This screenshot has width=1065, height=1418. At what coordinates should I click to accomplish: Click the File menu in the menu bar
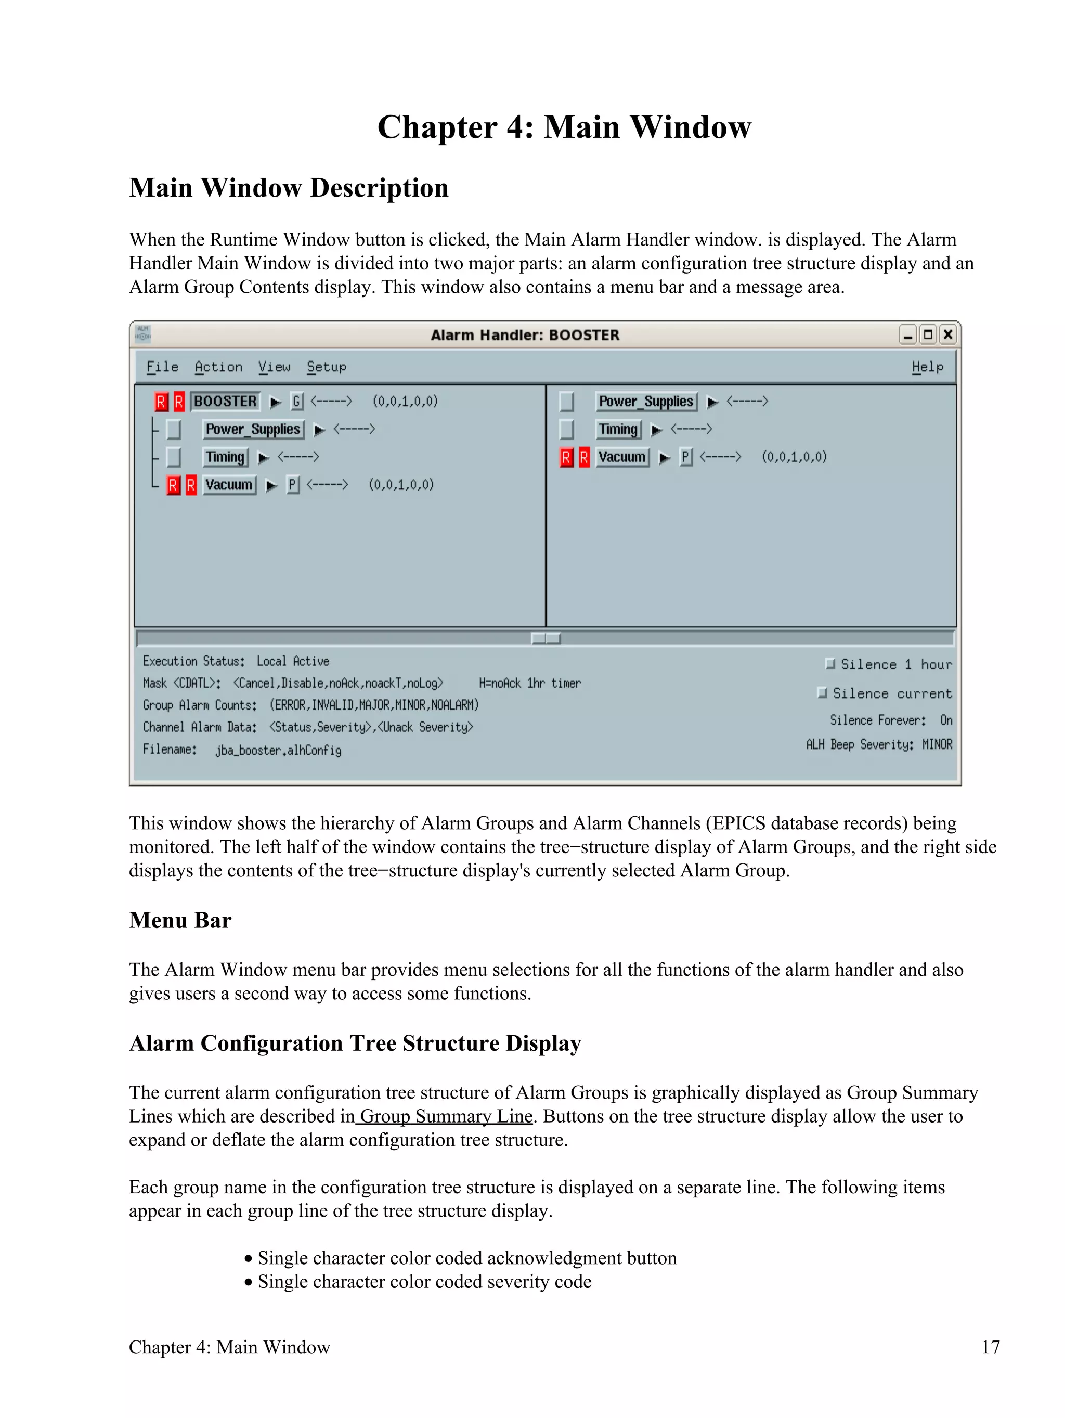tap(162, 367)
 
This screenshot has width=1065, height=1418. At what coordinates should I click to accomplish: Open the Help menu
tap(927, 367)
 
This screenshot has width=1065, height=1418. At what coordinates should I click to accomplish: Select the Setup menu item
tap(326, 367)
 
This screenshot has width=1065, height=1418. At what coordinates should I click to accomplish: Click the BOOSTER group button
tap(225, 401)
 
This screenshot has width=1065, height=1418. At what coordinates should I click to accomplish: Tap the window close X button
tap(947, 334)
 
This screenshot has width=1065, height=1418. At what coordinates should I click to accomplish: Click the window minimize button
tap(907, 334)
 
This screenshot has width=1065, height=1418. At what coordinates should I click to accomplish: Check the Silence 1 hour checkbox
tap(830, 664)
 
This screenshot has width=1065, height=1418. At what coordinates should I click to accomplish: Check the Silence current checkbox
tap(822, 693)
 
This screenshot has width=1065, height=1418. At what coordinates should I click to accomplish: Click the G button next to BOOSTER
tap(296, 401)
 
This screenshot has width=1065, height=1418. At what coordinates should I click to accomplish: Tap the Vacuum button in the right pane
tap(621, 457)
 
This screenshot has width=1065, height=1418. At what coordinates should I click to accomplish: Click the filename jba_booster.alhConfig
tap(278, 750)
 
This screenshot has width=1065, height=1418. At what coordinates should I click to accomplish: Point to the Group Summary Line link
tap(445, 1116)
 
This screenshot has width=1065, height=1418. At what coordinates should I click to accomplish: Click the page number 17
tap(990, 1347)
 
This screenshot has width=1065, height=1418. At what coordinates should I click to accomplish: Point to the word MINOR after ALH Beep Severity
tap(937, 744)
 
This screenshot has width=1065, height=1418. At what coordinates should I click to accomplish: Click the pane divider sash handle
tap(546, 638)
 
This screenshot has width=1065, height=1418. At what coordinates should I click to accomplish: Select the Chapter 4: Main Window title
tap(564, 127)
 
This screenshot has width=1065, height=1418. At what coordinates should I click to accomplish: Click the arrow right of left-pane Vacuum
tap(271, 485)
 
